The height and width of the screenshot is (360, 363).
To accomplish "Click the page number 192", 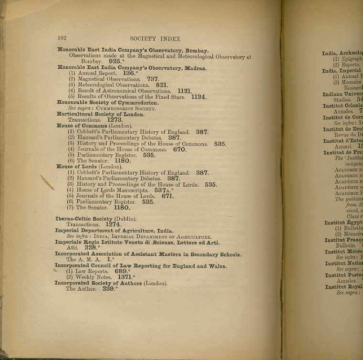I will [62, 39].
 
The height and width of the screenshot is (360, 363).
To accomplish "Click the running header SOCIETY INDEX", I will [155, 39].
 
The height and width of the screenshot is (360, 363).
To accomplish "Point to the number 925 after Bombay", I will [114, 62].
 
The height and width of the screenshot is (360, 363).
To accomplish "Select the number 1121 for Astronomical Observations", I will [184, 91].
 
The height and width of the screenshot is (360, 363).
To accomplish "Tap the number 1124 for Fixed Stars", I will [198, 97].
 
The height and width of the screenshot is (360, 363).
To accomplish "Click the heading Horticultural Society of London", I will [100, 114].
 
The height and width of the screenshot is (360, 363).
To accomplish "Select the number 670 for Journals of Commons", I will [179, 149].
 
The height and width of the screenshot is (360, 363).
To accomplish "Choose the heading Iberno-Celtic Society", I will [83, 219].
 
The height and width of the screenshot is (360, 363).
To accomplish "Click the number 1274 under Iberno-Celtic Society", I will [113, 224].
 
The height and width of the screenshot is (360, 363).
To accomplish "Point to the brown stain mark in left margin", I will [47, 182].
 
